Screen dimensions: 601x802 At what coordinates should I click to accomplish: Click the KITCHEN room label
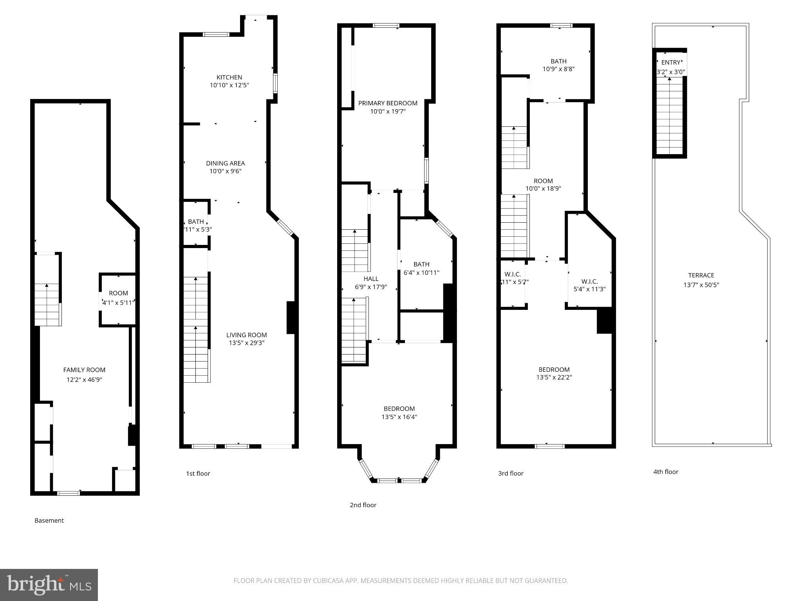coord(229,77)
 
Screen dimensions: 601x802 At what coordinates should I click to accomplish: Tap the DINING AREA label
coord(226,163)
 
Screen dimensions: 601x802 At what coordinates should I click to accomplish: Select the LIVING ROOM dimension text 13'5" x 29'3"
coord(246,343)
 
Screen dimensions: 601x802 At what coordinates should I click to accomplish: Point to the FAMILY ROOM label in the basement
coord(84,370)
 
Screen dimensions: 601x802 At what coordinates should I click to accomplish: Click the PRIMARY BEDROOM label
coord(388,103)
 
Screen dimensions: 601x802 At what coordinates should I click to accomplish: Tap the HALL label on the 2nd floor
coord(371,279)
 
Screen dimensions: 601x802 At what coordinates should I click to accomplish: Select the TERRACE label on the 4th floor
coord(701,275)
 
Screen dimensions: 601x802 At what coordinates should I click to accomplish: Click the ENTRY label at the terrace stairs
coord(671,63)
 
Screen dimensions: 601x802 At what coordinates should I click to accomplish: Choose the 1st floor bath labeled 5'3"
coord(196,225)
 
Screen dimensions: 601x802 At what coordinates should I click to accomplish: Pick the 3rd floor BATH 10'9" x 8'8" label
coord(558,65)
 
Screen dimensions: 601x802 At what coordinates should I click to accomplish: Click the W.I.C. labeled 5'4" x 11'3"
coord(589,285)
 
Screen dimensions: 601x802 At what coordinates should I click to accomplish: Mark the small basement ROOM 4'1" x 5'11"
coord(118,297)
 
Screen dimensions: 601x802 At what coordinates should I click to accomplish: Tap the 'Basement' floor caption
coord(49,520)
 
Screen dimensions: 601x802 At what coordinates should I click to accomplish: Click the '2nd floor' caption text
coord(363,505)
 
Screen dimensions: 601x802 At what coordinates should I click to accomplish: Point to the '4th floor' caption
coord(666,471)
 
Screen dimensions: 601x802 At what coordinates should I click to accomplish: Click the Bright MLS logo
coord(49,585)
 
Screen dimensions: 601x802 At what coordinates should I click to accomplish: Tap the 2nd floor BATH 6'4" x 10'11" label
coord(421,268)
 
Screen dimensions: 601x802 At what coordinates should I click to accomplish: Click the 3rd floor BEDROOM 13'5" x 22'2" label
coord(554,373)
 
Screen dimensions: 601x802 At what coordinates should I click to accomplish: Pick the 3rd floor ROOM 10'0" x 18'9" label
coord(543,185)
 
